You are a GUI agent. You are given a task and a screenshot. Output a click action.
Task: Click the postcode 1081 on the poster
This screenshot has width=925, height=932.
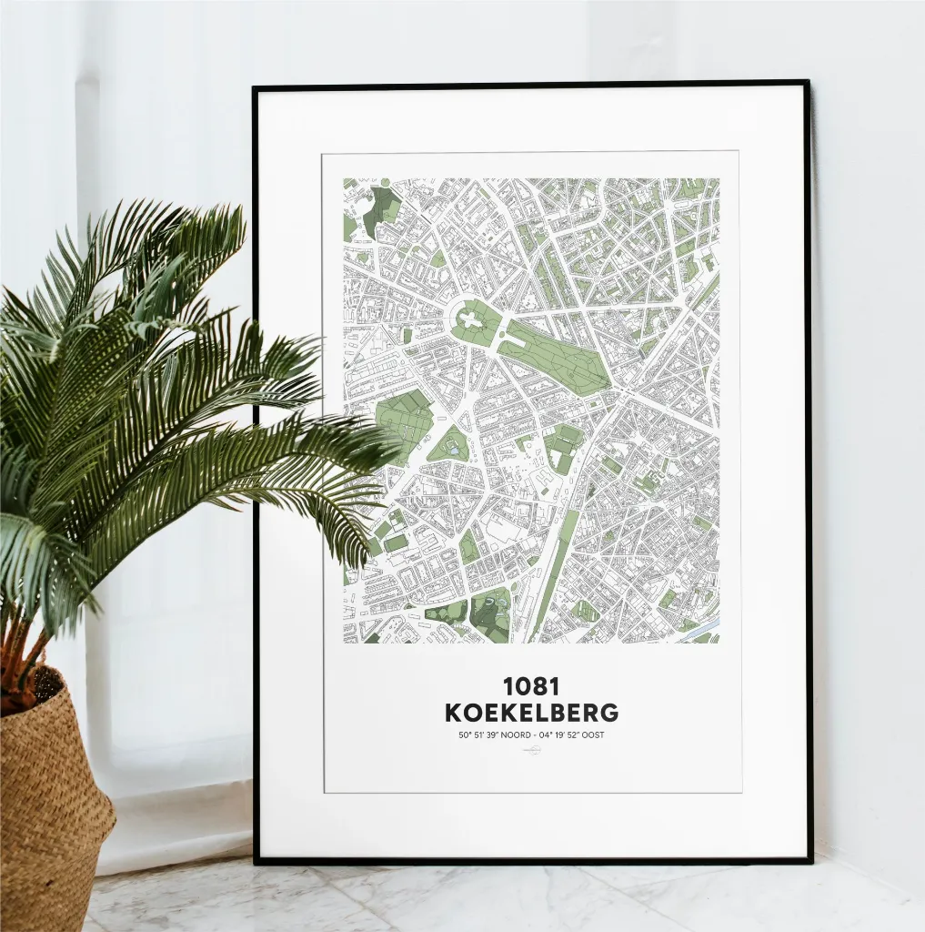pyautogui.click(x=531, y=685)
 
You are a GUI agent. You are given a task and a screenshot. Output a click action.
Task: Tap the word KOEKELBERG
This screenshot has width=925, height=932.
pyautogui.click(x=531, y=713)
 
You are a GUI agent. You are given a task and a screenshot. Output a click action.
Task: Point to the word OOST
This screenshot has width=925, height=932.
pyautogui.click(x=590, y=735)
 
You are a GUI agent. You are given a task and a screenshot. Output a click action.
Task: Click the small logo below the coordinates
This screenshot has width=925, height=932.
pyautogui.click(x=531, y=750)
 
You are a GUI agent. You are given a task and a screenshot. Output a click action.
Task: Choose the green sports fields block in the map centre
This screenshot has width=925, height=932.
pyautogui.click(x=563, y=446)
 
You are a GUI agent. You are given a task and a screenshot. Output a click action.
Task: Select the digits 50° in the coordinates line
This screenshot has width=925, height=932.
pyautogui.click(x=465, y=735)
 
